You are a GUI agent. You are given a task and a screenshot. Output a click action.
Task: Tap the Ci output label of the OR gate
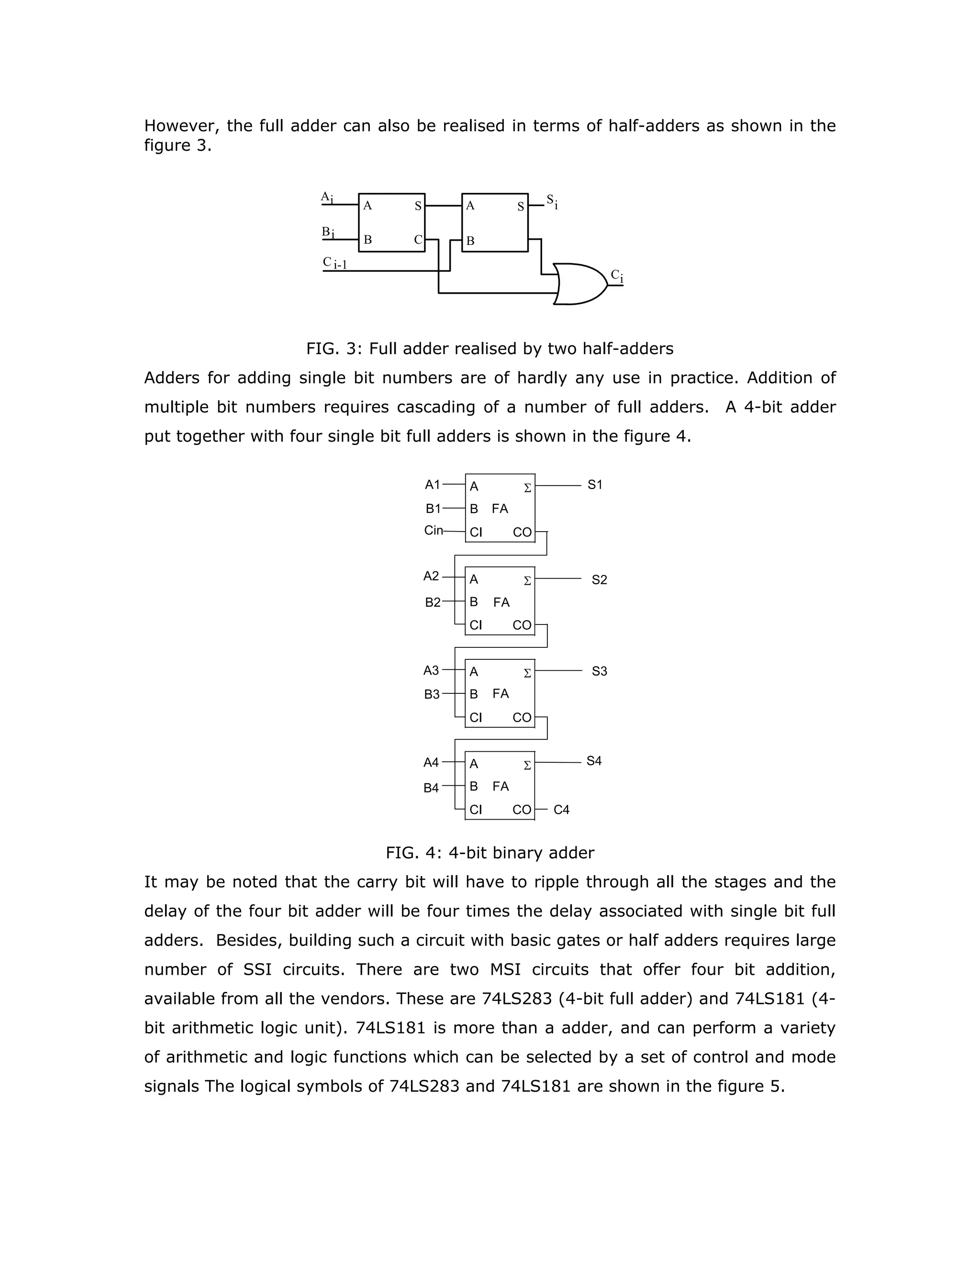[616, 277]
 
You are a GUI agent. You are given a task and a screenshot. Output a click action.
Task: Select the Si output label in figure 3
[552, 201]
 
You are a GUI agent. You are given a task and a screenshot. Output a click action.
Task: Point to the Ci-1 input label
[335, 263]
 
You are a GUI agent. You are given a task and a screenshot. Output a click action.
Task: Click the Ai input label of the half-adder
[327, 198]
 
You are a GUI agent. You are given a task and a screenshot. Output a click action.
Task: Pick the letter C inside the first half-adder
[418, 239]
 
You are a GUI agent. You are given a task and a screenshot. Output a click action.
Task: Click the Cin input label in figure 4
[433, 530]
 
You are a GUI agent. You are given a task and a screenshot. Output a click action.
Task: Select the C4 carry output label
[561, 809]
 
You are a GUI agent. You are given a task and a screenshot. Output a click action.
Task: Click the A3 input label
[431, 670]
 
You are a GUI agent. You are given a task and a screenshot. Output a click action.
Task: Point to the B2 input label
[433, 602]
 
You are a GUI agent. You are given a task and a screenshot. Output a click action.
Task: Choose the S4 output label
[594, 761]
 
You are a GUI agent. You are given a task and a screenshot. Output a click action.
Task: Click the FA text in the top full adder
[500, 509]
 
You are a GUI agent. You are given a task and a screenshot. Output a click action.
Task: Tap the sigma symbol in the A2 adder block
[527, 580]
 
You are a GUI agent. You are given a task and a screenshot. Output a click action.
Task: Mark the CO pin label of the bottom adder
[522, 809]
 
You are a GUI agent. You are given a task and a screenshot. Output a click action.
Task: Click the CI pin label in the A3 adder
[476, 718]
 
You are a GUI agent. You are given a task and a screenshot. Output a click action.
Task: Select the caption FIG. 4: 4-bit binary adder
[490, 852]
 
